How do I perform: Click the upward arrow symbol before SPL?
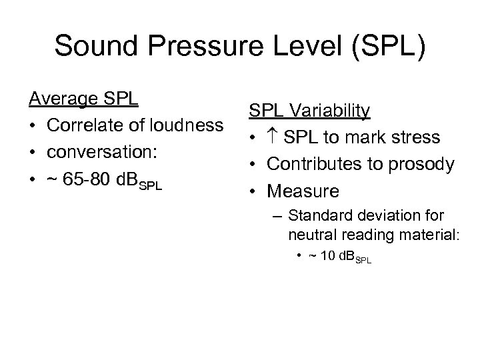273,138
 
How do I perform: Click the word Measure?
303,191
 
